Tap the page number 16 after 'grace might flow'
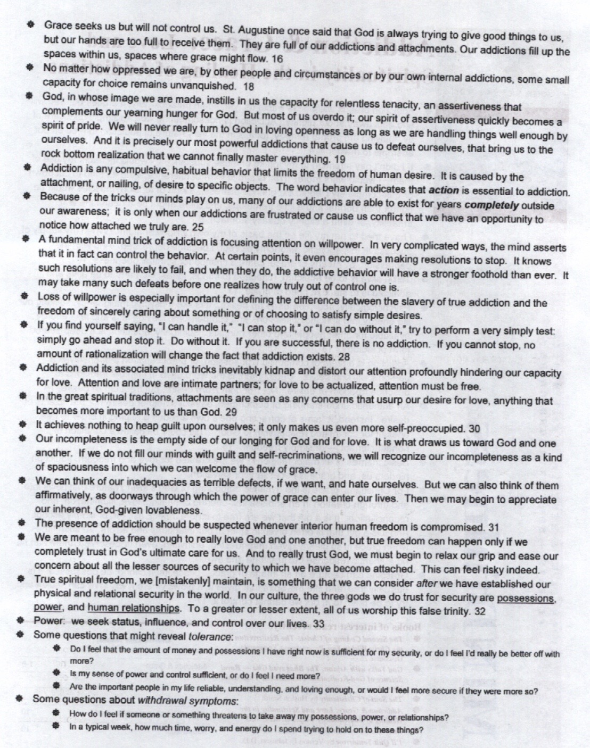click(277, 59)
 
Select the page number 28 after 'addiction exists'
click(343, 356)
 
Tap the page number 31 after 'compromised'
click(494, 527)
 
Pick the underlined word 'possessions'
click(526, 598)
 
